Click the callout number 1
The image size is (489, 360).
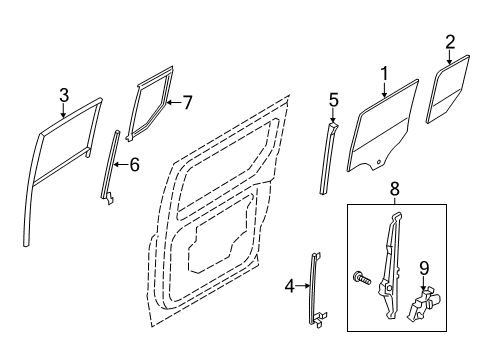pos(384,74)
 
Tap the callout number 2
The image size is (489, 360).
pos(450,42)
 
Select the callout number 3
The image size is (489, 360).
pos(64,95)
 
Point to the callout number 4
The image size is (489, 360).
pos(290,286)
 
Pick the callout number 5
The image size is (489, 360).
pos(333,100)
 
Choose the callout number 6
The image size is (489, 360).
pos(134,165)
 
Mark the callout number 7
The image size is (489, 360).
pos(187,102)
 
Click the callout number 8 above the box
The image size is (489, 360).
pos(394,189)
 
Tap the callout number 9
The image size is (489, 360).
pos(424,268)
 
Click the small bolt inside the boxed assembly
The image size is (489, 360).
pos(362,278)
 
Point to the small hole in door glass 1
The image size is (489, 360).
pos(379,162)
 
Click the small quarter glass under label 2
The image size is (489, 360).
pos(448,89)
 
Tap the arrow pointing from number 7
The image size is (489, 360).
pos(173,102)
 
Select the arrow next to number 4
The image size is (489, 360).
pos(303,286)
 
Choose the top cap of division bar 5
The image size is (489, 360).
pos(333,126)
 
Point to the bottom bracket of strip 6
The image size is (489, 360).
pos(109,198)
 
